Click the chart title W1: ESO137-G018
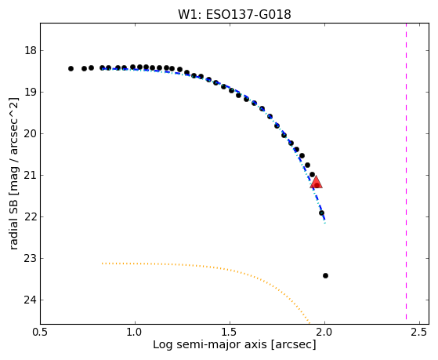click(234, 15)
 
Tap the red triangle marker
click(317, 183)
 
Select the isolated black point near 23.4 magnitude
click(325, 276)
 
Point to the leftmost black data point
click(71, 68)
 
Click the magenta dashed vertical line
click(406, 171)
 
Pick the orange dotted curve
click(207, 267)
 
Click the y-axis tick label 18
click(31, 51)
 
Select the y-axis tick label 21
click(31, 176)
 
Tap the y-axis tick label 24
click(31, 300)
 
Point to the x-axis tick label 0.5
click(41, 333)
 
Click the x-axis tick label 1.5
click(230, 333)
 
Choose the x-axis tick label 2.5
click(419, 333)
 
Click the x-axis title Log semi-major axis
click(210, 345)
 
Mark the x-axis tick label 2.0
click(324, 333)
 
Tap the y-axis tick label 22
click(31, 217)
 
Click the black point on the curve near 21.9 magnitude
click(321, 213)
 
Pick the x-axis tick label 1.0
click(136, 333)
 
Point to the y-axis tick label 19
click(31, 93)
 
